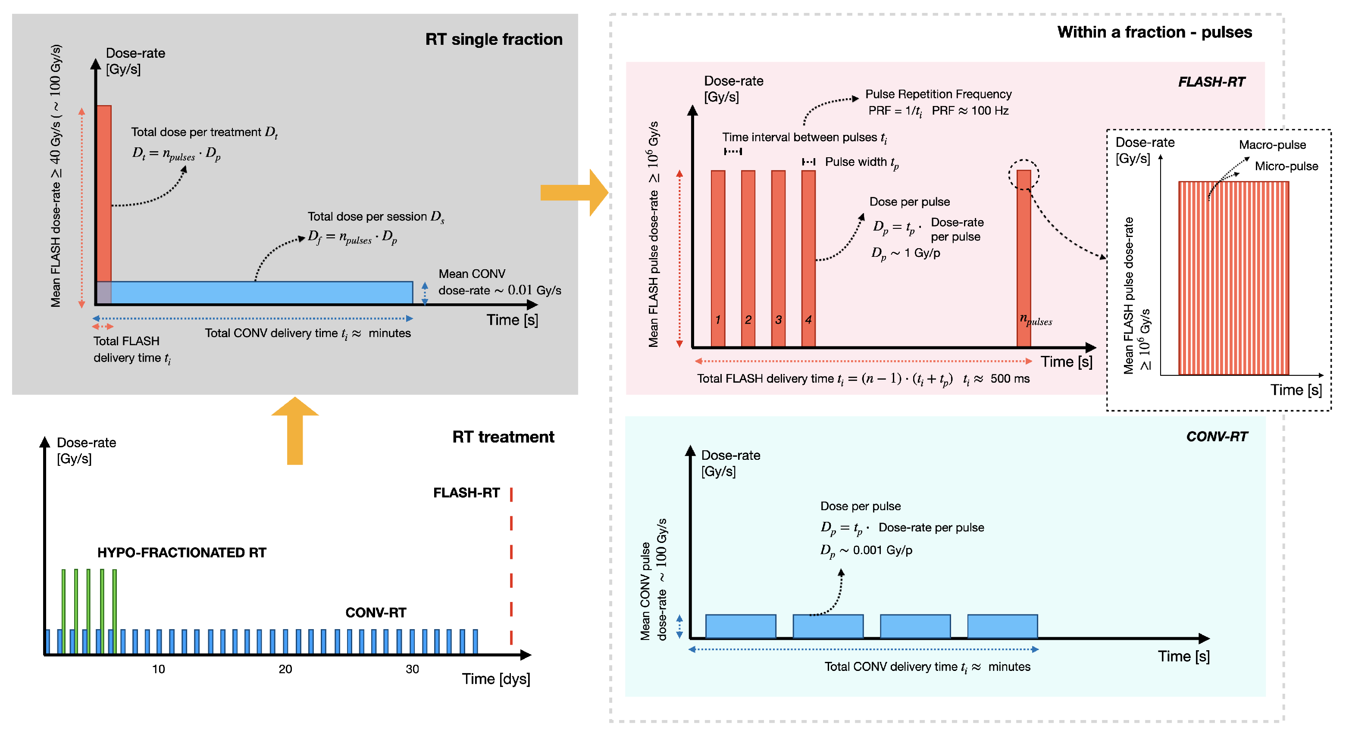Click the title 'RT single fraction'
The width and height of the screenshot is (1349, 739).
tap(493, 39)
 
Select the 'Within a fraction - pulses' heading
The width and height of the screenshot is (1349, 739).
tap(1154, 32)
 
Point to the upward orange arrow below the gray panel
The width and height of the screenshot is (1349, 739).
tap(295, 430)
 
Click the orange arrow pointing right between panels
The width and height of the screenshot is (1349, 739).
tap(574, 193)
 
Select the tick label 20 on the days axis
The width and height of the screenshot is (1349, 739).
tap(285, 669)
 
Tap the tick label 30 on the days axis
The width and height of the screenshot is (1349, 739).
tap(412, 669)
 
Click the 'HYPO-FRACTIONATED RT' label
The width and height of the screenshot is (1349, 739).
tap(182, 553)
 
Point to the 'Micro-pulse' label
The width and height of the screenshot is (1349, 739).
tap(1286, 166)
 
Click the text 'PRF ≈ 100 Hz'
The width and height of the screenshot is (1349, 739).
tap(970, 111)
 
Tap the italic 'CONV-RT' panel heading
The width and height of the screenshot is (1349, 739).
tap(1217, 437)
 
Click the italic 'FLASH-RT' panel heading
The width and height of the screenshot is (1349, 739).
tap(1211, 82)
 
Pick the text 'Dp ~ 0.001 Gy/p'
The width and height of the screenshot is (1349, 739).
tap(866, 551)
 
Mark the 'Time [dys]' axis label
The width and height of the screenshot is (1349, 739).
tap(496, 679)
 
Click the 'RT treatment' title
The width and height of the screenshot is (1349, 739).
tap(503, 437)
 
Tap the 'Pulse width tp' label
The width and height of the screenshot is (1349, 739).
tap(861, 162)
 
